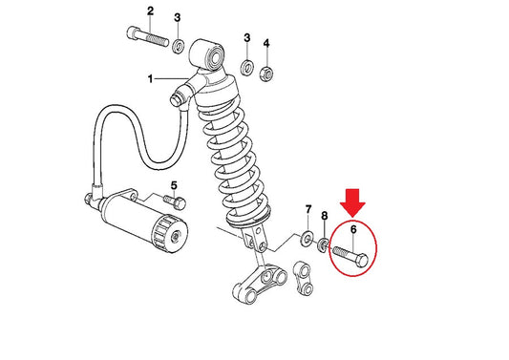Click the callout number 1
(x=150, y=78)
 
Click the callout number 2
(x=150, y=11)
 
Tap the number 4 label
(x=266, y=43)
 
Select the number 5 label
(x=175, y=186)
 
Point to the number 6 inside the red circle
(x=353, y=229)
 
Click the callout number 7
(x=308, y=209)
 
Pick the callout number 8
(x=325, y=216)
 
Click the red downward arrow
(x=352, y=202)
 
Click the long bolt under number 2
(x=148, y=36)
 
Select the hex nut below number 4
(x=266, y=74)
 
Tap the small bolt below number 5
(x=175, y=201)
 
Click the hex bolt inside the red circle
(x=350, y=256)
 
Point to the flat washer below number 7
(x=307, y=238)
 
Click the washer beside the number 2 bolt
(x=179, y=46)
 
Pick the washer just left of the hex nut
(x=247, y=67)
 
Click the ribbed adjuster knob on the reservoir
(x=170, y=233)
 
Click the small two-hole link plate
(x=304, y=279)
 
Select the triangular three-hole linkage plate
(x=260, y=284)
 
